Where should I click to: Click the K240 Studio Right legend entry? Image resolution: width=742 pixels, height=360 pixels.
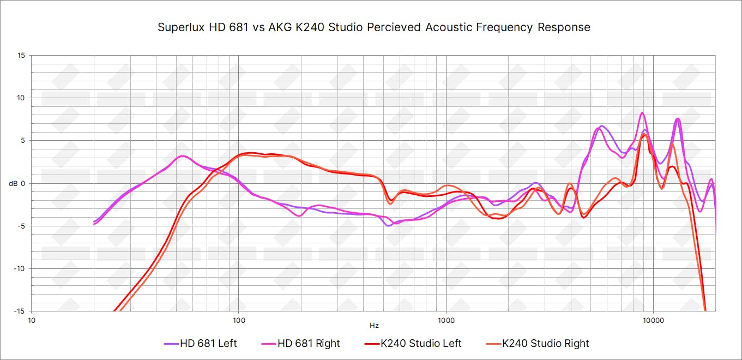click(537, 344)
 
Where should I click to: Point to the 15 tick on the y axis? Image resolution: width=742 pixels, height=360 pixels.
click(21, 55)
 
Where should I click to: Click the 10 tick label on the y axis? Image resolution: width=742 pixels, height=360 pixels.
click(21, 98)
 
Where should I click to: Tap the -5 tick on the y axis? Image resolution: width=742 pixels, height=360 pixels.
click(21, 226)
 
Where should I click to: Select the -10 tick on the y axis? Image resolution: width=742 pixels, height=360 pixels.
click(20, 268)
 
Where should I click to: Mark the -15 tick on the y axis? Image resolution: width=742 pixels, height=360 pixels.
click(20, 311)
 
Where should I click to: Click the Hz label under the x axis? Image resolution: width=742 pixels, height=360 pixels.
click(374, 326)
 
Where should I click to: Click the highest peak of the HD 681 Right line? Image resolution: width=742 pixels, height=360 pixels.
click(642, 113)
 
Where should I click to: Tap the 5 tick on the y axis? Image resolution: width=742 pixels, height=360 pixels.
click(23, 140)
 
